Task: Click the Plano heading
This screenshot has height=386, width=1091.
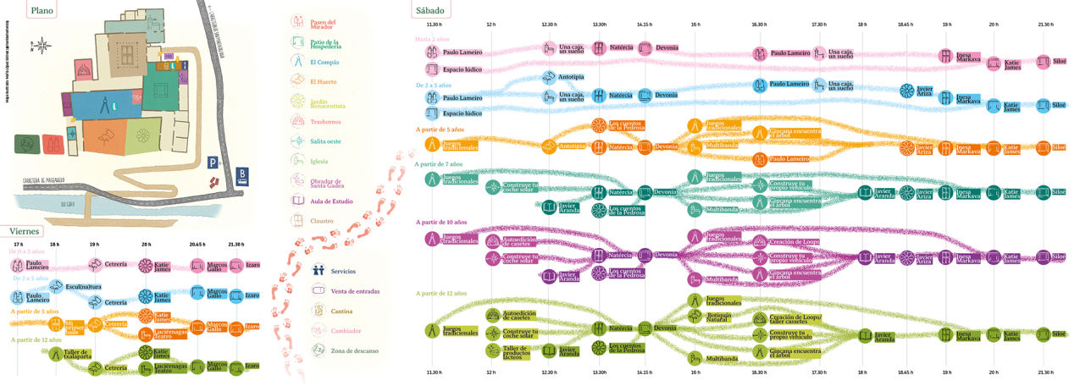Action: click(x=42, y=11)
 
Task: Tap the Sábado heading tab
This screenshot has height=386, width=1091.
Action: click(x=432, y=10)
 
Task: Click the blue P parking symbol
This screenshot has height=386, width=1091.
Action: click(x=214, y=160)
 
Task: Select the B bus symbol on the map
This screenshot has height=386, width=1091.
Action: click(x=244, y=175)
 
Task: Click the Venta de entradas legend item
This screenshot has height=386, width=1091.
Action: click(x=343, y=291)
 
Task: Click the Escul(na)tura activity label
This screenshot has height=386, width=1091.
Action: click(x=84, y=287)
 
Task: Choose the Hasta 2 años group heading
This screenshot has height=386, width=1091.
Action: click(x=435, y=39)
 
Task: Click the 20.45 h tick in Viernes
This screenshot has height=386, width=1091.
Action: click(x=196, y=244)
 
